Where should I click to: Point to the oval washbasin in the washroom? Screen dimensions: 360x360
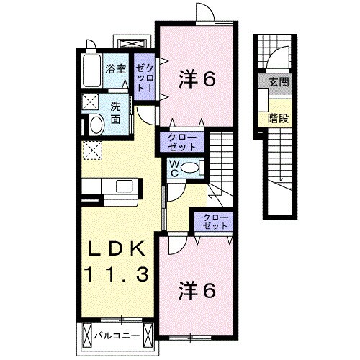point(94,125)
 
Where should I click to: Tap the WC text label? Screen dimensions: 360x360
point(174,168)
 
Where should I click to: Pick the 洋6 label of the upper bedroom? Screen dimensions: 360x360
point(197,80)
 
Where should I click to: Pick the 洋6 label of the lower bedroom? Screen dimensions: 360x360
point(197,290)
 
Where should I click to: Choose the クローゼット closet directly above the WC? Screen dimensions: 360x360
point(181,140)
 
